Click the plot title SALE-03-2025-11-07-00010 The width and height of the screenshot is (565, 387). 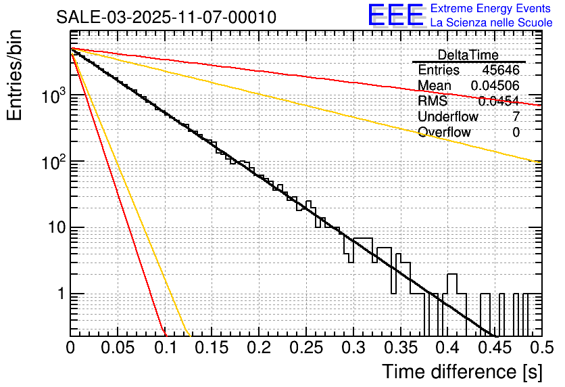(x=166, y=18)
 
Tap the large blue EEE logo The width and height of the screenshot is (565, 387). (x=395, y=15)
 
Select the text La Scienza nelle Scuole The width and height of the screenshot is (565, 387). (x=491, y=23)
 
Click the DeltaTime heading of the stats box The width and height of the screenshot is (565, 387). (x=468, y=55)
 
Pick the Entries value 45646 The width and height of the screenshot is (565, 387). (x=501, y=70)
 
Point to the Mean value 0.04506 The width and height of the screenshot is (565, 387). (x=495, y=85)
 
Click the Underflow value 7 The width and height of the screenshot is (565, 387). (x=516, y=116)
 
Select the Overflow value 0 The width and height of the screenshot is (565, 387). (x=516, y=132)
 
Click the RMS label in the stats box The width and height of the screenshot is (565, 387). (x=433, y=101)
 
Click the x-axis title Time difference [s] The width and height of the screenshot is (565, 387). (x=461, y=371)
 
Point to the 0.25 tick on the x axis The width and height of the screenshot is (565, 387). (x=306, y=348)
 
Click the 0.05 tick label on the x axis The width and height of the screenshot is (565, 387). (x=118, y=348)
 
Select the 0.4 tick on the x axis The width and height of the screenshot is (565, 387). (x=447, y=348)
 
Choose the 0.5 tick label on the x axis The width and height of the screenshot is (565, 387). (x=541, y=348)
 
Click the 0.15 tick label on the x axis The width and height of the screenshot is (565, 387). (x=212, y=348)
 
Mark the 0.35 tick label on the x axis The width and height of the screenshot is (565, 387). (x=400, y=348)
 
